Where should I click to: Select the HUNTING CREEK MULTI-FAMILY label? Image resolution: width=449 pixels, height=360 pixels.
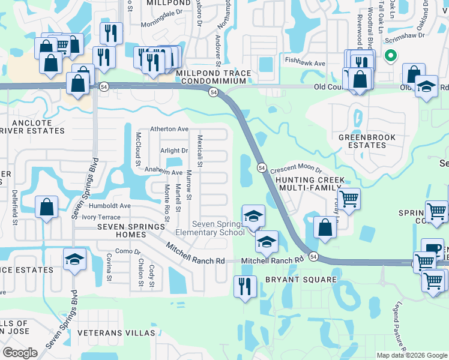point(310,184)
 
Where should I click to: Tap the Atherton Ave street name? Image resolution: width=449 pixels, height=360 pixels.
point(169,129)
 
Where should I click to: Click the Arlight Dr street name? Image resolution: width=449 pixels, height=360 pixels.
point(174,151)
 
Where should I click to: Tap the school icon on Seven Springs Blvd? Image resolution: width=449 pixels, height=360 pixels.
point(75,259)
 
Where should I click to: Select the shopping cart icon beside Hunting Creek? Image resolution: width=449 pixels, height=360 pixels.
point(349,198)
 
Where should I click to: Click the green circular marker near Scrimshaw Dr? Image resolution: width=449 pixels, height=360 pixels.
point(391,56)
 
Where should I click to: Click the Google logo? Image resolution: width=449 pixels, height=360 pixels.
point(20,353)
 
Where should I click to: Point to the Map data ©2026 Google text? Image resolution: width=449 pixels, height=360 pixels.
point(412,355)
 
